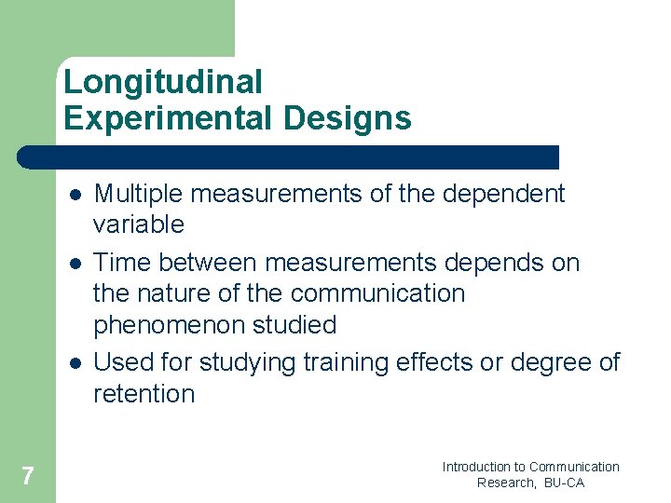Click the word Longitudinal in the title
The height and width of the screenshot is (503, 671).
click(x=163, y=83)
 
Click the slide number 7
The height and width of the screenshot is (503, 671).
click(x=27, y=477)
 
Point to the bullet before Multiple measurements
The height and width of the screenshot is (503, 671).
click(x=74, y=195)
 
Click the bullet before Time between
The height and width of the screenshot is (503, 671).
click(x=74, y=264)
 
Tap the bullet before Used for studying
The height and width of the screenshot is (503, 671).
click(x=74, y=362)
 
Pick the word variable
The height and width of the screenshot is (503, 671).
click(x=139, y=224)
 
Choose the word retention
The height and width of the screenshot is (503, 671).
click(x=144, y=394)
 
